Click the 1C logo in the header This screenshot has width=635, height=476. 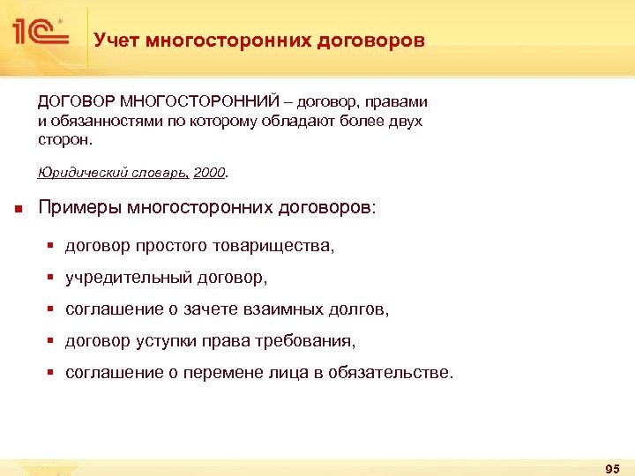[x=41, y=33]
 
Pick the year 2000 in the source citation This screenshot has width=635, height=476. [x=209, y=173]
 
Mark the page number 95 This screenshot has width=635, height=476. [x=613, y=467]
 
